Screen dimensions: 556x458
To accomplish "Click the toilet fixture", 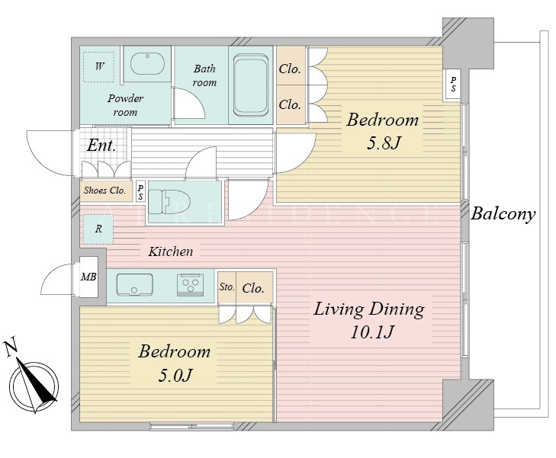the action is pyautogui.click(x=169, y=201).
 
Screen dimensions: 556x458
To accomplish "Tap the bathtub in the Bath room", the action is pyautogui.click(x=251, y=85).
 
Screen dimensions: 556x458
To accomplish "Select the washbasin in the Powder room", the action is pyautogui.click(x=147, y=64).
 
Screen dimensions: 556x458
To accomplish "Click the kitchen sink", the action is pyautogui.click(x=135, y=284).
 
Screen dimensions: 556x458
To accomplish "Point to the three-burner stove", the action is pyautogui.click(x=191, y=284).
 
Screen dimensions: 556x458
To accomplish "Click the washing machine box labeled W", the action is pyautogui.click(x=98, y=66).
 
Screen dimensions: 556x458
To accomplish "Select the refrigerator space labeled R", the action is pyautogui.click(x=98, y=229).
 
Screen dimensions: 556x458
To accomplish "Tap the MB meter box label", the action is pyautogui.click(x=88, y=277).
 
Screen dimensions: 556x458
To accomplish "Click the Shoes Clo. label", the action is pyautogui.click(x=104, y=191).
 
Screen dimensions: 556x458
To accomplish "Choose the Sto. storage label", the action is pyautogui.click(x=227, y=287).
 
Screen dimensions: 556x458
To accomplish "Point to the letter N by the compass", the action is pyautogui.click(x=11, y=348).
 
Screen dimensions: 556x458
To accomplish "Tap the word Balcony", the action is pyautogui.click(x=503, y=214).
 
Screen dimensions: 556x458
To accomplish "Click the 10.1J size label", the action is pyautogui.click(x=372, y=332).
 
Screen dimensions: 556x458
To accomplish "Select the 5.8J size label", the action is pyautogui.click(x=384, y=143).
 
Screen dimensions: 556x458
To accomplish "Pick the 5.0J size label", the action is pyautogui.click(x=175, y=375).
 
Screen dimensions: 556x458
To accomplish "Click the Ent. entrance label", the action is pyautogui.click(x=101, y=146).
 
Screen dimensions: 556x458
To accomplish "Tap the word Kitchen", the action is pyautogui.click(x=171, y=251).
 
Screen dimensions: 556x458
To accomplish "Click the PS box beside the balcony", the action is pyautogui.click(x=453, y=85).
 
